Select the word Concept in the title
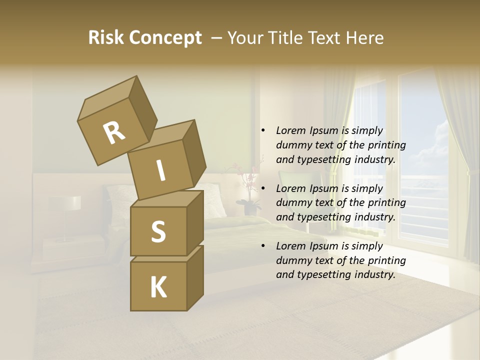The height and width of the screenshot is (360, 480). click(x=165, y=38)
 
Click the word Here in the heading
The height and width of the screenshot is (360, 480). click(x=364, y=38)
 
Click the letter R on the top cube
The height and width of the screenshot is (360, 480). click(x=114, y=133)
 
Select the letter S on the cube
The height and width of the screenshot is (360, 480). click(x=158, y=231)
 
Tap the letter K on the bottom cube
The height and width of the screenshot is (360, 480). click(x=158, y=287)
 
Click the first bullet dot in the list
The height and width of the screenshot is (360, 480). click(x=263, y=130)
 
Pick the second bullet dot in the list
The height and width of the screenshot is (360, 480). click(x=263, y=188)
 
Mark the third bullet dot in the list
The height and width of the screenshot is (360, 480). click(x=263, y=246)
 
